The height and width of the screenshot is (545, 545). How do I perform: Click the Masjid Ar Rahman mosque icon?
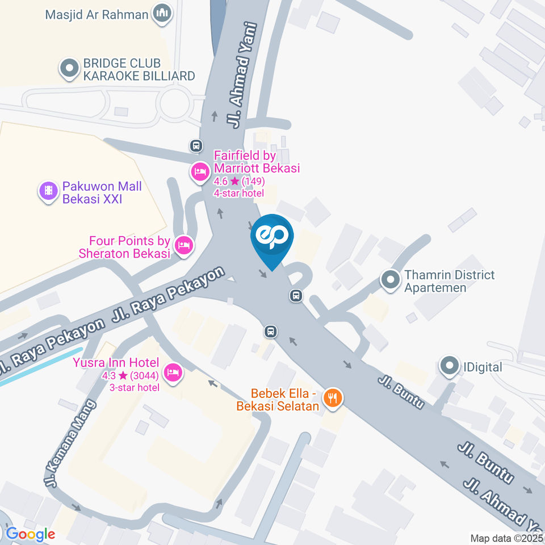[x=162, y=15]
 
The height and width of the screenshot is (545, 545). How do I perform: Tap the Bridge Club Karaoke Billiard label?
[x=139, y=69]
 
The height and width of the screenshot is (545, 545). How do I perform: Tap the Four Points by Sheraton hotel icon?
[x=183, y=245]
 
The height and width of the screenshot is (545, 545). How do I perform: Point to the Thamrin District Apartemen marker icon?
[x=390, y=280]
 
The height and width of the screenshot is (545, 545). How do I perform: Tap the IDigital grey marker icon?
[x=450, y=366]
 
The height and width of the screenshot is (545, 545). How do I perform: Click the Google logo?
[x=31, y=534]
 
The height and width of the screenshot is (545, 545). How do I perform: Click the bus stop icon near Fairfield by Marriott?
[x=196, y=146]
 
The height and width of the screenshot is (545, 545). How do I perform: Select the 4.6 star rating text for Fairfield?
[x=238, y=182]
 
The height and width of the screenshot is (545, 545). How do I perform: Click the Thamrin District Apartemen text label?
[x=449, y=281]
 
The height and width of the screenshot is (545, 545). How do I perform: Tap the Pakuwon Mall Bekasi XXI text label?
[x=102, y=192]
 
